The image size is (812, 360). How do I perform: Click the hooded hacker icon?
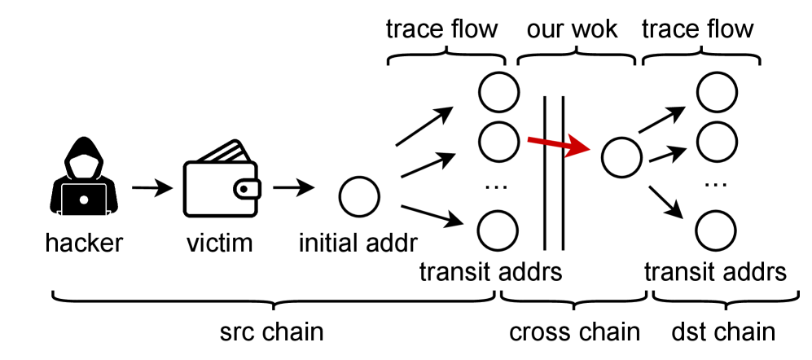coord(82,184)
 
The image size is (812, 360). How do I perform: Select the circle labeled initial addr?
coord(359,196)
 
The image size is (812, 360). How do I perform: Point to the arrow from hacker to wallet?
coord(151,189)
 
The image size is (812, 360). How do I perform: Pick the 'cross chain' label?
coord(575,333)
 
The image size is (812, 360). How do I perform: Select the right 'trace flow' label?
coord(698,30)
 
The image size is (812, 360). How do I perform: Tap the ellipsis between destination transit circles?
coord(715,185)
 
